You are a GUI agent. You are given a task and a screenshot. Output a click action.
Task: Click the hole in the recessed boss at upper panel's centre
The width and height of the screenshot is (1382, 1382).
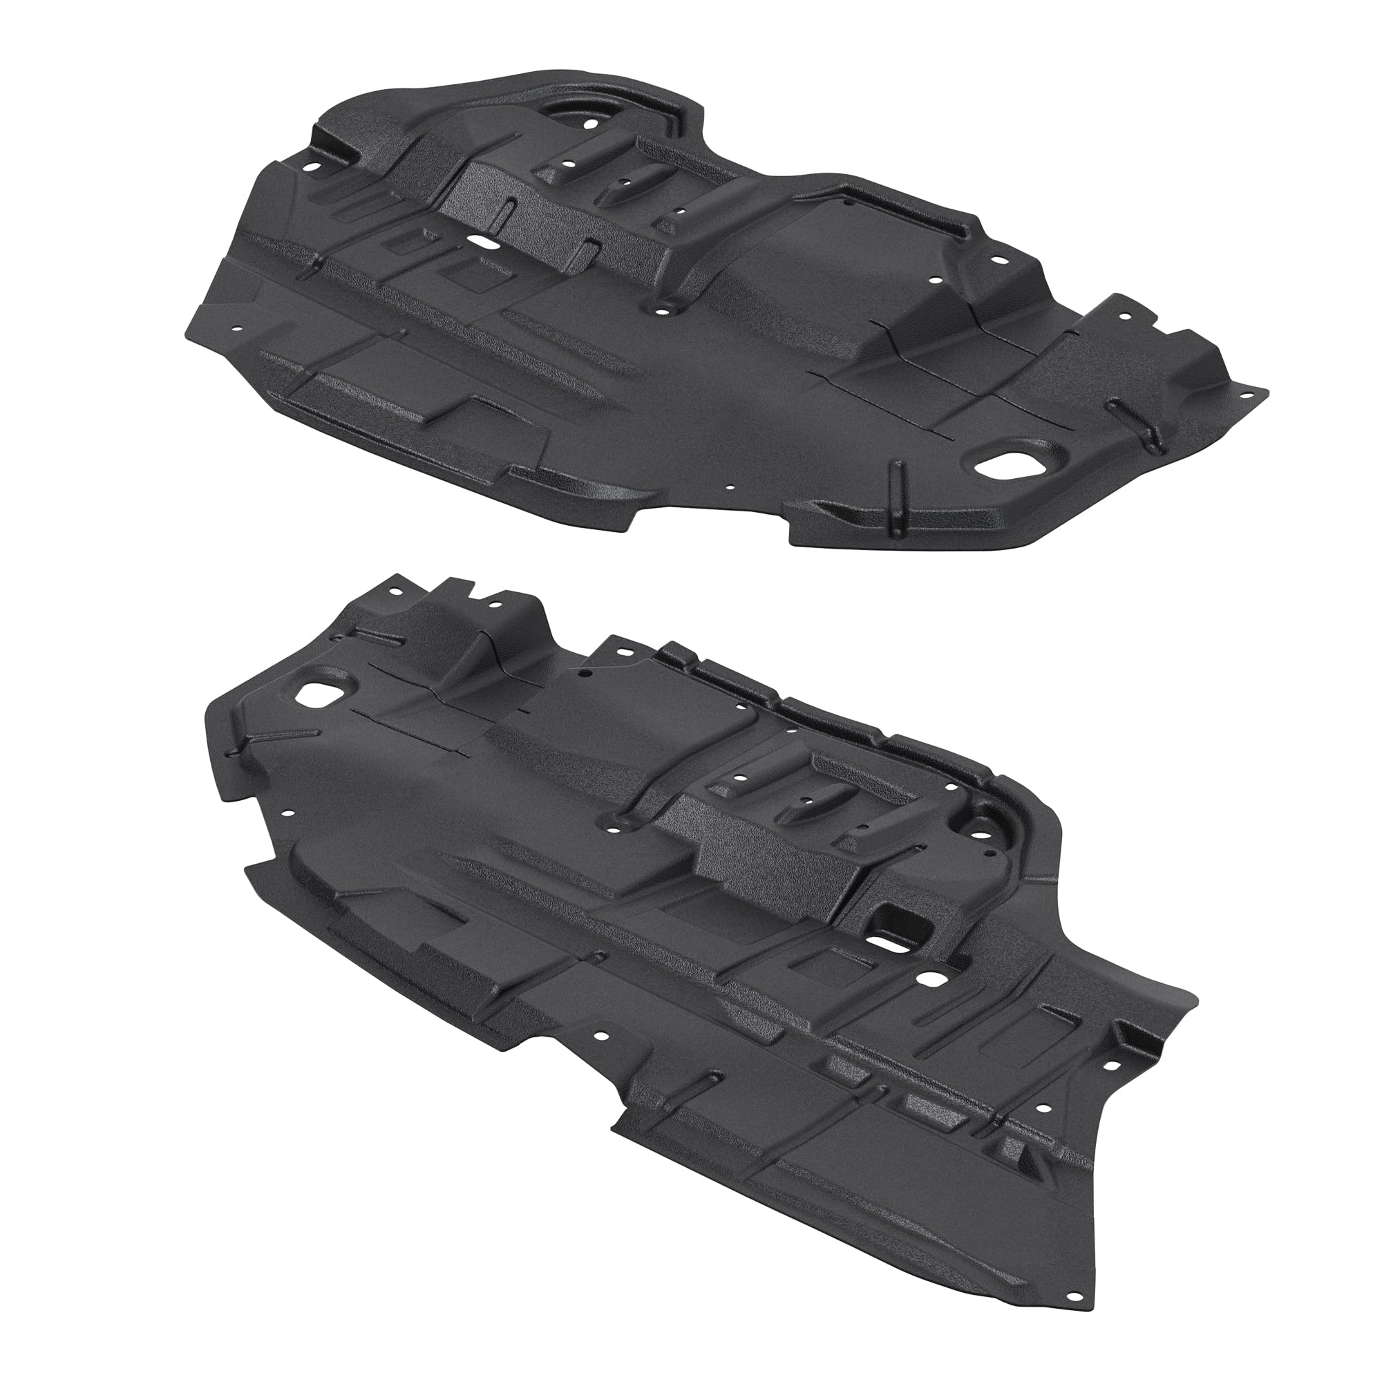[663, 310]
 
